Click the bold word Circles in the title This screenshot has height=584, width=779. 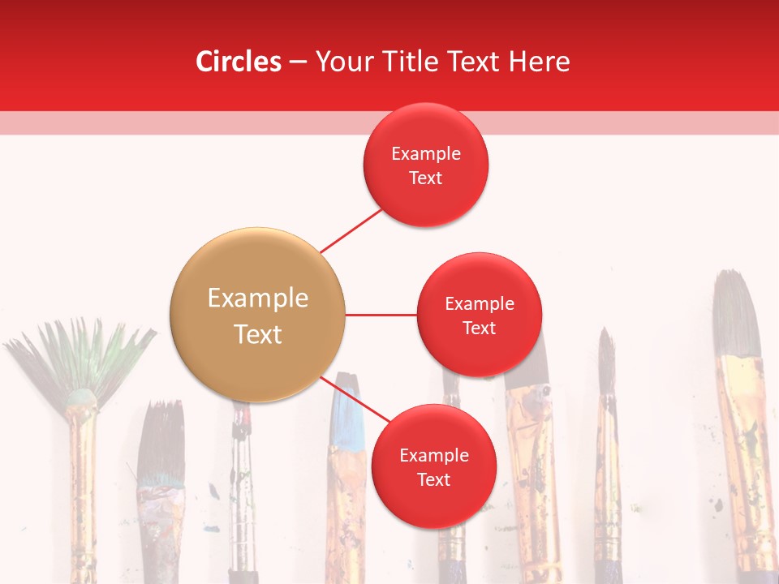239,62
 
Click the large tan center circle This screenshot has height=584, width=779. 257,315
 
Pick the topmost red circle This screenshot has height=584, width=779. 425,165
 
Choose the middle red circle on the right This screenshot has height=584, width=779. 479,315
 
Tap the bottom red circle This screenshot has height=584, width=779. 433,466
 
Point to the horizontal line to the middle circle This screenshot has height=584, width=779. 381,315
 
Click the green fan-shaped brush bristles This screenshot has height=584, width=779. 81,357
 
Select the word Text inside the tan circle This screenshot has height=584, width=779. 257,334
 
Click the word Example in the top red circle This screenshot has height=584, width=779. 425,153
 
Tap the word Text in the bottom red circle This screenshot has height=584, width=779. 433,479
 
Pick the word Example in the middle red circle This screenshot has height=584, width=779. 479,304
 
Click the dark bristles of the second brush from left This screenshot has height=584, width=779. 160,442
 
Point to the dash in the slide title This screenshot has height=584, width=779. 298,62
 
